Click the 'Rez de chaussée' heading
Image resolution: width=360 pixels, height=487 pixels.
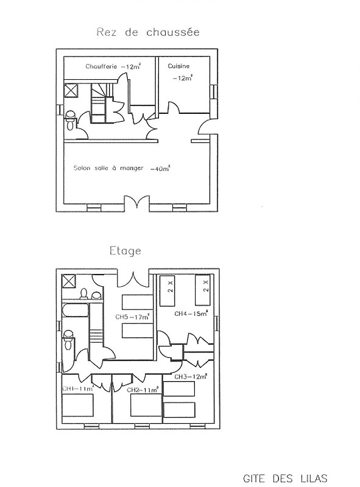(x=148, y=32)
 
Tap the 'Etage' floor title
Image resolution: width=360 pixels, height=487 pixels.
(x=125, y=251)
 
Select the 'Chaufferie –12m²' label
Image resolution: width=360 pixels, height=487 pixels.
(x=113, y=66)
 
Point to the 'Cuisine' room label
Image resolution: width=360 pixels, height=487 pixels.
(x=178, y=66)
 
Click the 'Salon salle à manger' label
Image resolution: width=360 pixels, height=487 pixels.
(x=108, y=168)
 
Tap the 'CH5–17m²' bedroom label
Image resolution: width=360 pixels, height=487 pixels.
(x=132, y=317)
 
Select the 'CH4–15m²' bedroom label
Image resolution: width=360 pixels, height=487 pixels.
(x=191, y=314)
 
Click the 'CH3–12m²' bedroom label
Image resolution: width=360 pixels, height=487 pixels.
(x=191, y=376)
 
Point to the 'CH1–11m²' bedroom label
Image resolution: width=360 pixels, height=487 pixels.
(x=78, y=388)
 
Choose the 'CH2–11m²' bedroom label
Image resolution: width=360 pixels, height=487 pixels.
(x=143, y=390)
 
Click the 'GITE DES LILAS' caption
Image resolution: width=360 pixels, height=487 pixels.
(x=285, y=478)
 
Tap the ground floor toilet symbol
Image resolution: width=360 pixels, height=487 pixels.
(x=70, y=120)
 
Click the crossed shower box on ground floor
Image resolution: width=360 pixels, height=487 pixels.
(x=71, y=91)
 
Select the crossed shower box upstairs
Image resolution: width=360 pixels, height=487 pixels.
(x=69, y=282)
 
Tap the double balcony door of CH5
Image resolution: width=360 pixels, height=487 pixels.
(x=133, y=279)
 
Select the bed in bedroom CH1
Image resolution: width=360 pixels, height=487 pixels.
(x=78, y=405)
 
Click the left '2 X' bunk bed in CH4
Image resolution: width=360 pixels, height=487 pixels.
(x=168, y=290)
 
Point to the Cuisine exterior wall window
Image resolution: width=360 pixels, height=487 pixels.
(x=214, y=92)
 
